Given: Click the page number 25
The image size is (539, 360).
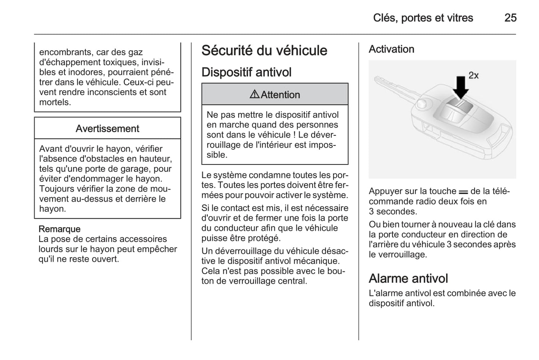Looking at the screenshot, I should click(510, 18).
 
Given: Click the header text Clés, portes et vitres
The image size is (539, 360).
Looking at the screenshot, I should click(423, 18).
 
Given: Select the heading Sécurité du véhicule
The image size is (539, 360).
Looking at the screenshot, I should click(264, 51).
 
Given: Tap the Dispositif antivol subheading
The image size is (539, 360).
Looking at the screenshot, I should click(246, 72).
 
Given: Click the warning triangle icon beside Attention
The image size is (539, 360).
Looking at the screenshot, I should click(254, 95).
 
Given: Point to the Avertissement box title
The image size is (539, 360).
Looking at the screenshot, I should click(107, 129).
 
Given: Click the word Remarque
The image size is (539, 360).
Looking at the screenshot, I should click(59, 229).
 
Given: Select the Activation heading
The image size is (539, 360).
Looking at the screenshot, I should click(391, 49).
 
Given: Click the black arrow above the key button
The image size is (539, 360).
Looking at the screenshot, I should click(461, 87).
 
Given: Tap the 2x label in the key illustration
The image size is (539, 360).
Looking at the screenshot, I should click(473, 75).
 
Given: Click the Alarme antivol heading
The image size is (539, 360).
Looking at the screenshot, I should click(408, 279).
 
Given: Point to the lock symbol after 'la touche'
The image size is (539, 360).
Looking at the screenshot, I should click(463, 192).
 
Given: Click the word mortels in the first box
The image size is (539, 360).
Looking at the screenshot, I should click(55, 102).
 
